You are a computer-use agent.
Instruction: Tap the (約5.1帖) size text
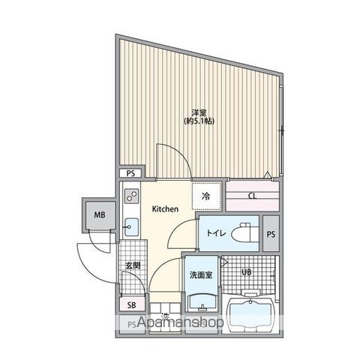pos(198,121)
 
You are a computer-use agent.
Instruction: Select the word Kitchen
pos(165,209)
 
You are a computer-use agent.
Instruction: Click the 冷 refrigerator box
pos(206,197)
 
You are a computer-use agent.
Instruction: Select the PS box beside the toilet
pos(270,232)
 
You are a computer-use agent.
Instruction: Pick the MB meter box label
pos(99,217)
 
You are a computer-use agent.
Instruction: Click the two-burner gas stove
pos(130,197)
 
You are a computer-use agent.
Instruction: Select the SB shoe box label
pos(130,305)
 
